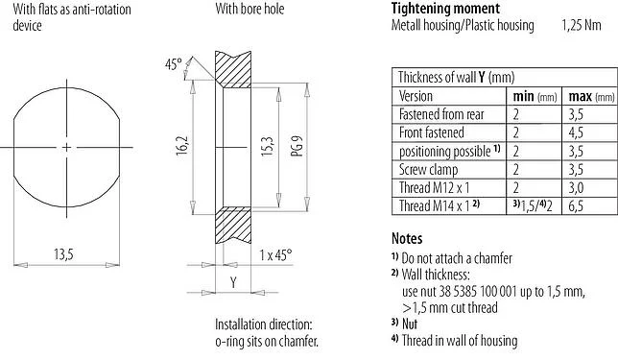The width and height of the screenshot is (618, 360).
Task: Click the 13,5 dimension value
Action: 65,253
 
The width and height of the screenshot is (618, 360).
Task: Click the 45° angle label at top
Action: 173,64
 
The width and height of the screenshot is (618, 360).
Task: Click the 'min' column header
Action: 524,97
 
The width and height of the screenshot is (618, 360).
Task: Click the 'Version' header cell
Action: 416,97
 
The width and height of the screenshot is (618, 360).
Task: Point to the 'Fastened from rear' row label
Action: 443,114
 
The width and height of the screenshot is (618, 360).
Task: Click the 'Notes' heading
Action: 409,238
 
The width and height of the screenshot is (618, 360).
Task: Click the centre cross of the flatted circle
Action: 65,146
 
